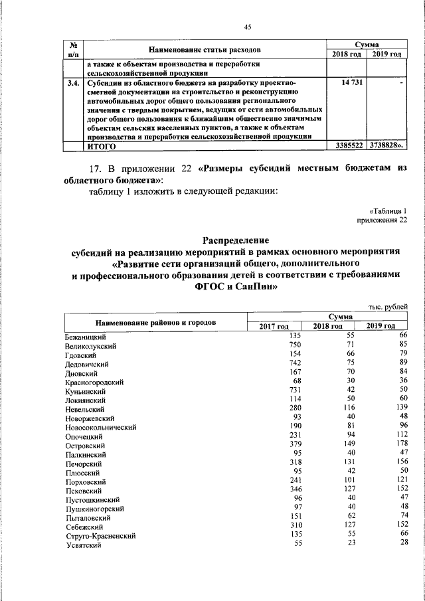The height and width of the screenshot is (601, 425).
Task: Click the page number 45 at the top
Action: point(248,27)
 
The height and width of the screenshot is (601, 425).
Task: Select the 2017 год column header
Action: point(273,326)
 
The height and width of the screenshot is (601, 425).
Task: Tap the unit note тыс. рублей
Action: point(388,307)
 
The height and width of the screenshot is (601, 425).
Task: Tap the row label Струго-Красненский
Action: point(100,535)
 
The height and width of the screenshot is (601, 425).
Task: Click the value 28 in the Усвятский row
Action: point(401,543)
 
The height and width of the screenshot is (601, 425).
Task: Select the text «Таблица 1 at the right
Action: point(387,210)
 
